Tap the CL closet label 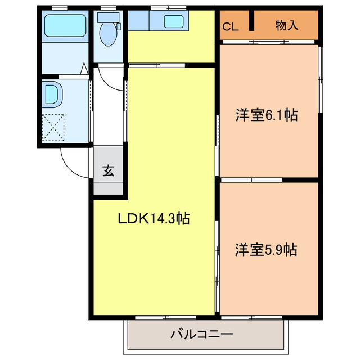[x=230, y=26]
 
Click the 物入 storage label [x=287, y=26]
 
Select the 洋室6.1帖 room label [x=266, y=115]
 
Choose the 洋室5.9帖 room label [x=266, y=249]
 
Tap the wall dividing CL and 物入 [x=253, y=22]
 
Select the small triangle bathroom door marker [x=83, y=69]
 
